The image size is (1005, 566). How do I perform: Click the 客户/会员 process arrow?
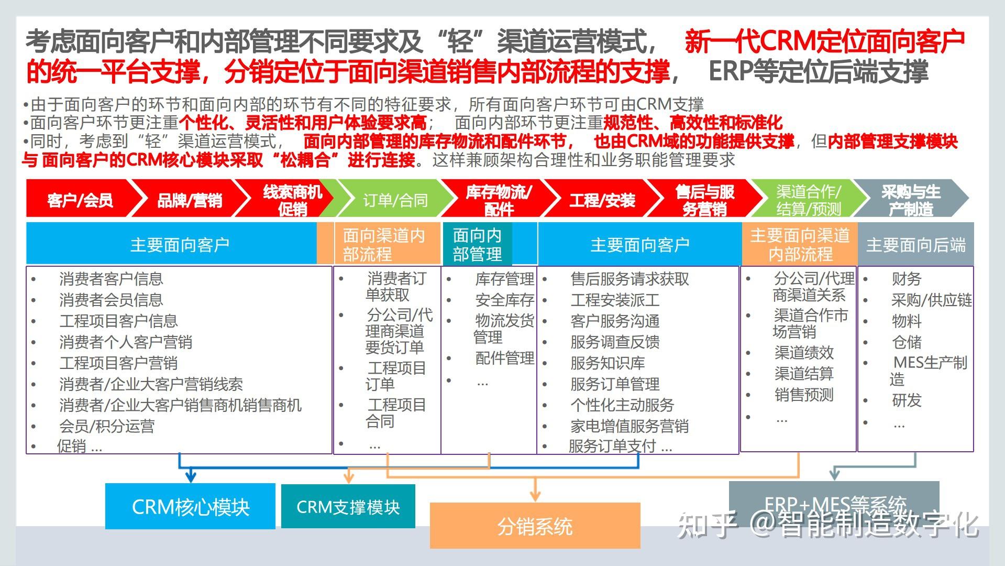point(80,200)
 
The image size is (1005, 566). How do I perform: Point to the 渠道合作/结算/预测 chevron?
point(808,200)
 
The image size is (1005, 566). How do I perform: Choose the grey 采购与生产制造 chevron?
point(911,200)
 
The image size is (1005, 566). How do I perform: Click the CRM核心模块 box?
point(190,507)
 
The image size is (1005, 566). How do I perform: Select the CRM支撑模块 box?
point(348,507)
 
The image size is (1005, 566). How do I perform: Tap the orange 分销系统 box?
point(535,526)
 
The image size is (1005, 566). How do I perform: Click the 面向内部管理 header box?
point(478,245)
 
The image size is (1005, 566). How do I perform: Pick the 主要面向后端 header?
point(915,245)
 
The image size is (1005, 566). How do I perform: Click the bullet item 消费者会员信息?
point(111,300)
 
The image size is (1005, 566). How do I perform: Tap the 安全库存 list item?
point(504,300)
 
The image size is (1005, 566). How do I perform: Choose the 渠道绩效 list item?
point(804,352)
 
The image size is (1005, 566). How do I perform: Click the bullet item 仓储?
point(907,342)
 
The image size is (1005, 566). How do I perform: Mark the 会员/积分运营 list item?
point(107,426)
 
